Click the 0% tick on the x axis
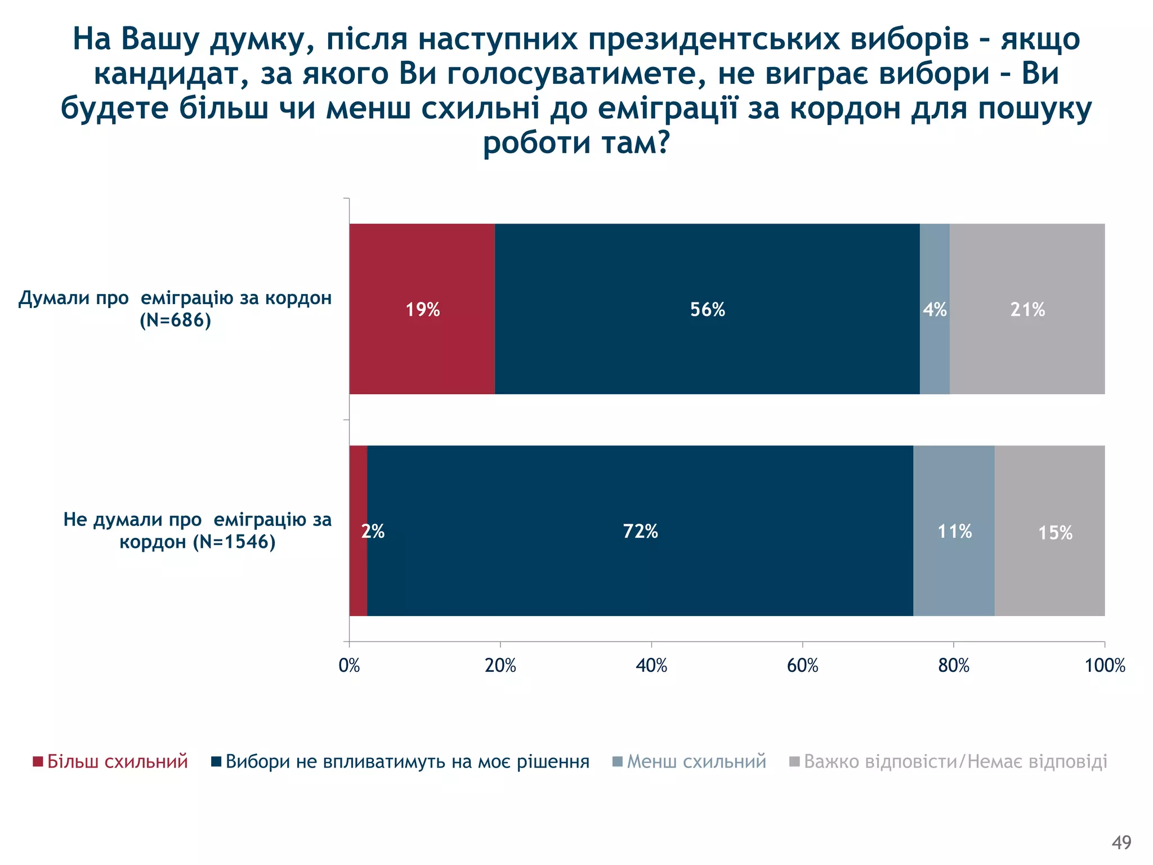click(x=349, y=666)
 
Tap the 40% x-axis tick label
click(x=651, y=666)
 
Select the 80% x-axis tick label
click(x=954, y=666)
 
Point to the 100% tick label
click(x=1105, y=666)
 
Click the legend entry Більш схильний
click(x=117, y=761)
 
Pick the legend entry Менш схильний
click(x=696, y=761)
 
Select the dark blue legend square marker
click(x=216, y=762)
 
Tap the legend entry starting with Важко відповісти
click(x=955, y=761)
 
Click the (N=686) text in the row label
click(x=175, y=320)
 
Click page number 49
click(x=1121, y=842)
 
